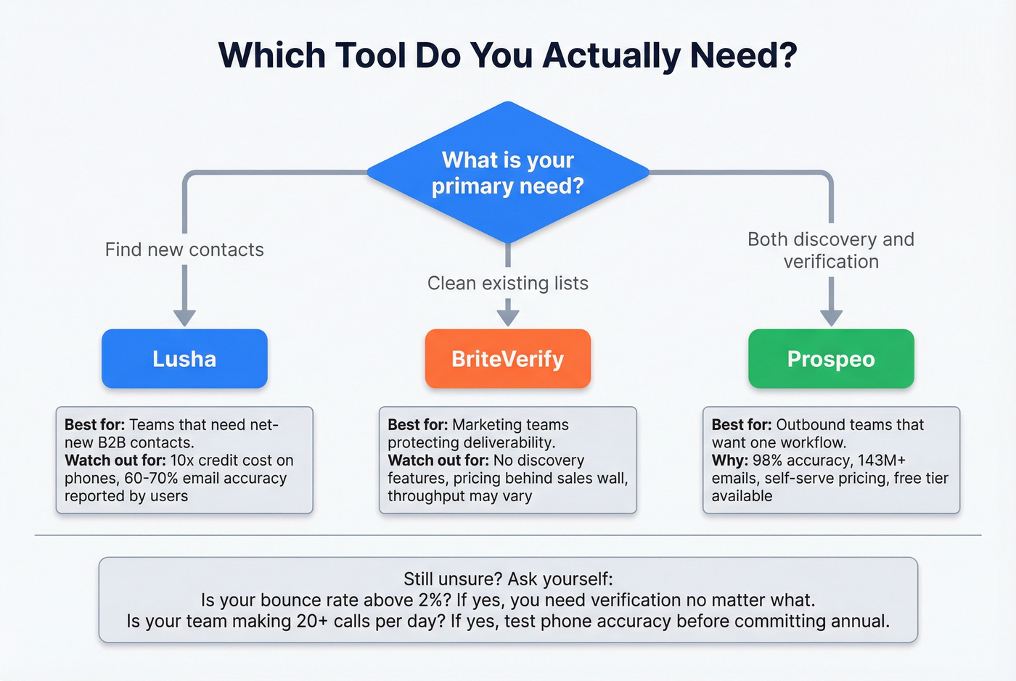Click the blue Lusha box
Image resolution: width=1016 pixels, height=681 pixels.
[x=184, y=359]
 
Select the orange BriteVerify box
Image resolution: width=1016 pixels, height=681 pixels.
[x=507, y=359]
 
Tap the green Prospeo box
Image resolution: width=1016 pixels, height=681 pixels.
[x=831, y=359]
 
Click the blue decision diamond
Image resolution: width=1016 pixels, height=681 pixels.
[x=507, y=173]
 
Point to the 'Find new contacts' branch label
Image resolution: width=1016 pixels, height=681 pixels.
[x=184, y=249]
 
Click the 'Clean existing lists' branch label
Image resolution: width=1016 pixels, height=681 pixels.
[x=507, y=283]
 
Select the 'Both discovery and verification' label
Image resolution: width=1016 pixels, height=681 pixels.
[x=831, y=250]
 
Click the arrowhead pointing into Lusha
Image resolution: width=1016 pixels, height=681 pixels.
[x=184, y=318]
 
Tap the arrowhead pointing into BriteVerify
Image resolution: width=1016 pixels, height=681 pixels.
[x=507, y=317]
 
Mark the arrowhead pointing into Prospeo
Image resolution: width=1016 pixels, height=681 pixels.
[x=831, y=318]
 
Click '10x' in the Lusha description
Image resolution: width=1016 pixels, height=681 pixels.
[x=182, y=461]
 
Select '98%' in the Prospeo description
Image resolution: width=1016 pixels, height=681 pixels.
[x=768, y=461]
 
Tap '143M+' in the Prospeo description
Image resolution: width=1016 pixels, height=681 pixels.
[x=881, y=461]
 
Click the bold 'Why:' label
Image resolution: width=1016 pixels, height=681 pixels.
[x=729, y=461]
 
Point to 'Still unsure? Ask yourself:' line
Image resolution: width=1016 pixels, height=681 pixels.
[x=507, y=579]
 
